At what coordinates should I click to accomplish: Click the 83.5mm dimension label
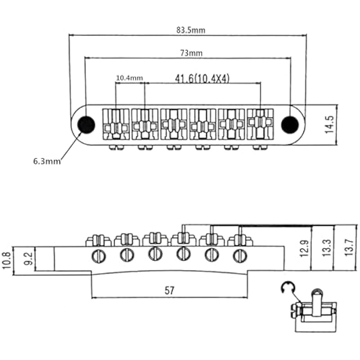click(x=191, y=30)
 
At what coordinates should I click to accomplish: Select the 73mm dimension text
click(x=191, y=53)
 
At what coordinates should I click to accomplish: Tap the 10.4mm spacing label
click(x=130, y=78)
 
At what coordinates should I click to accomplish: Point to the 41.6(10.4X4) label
click(x=202, y=79)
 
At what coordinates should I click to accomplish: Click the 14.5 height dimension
click(x=329, y=125)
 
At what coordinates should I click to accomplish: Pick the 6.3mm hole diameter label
click(x=47, y=161)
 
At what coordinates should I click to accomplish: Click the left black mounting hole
click(x=86, y=125)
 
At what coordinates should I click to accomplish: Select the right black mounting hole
click(x=290, y=125)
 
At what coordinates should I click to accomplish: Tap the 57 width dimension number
click(x=170, y=290)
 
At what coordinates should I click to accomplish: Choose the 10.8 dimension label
click(x=6, y=261)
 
